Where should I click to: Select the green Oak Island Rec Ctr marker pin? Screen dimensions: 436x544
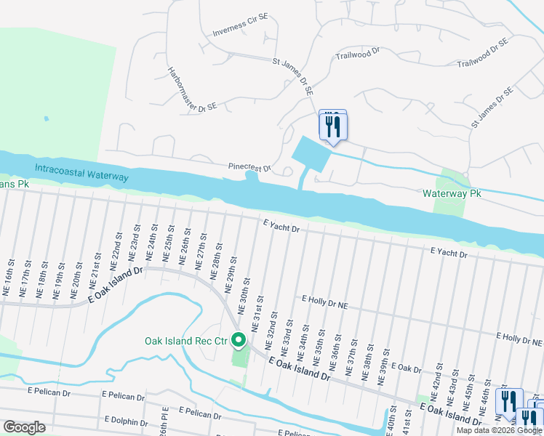coord(238,340)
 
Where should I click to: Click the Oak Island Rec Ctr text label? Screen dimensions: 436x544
coord(185,340)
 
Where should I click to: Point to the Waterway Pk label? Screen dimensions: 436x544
coord(452,194)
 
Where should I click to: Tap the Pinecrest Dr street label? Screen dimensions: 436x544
coord(249,167)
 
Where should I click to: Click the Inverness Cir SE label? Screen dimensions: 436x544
coord(241,31)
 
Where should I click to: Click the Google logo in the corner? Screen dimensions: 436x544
coord(24,427)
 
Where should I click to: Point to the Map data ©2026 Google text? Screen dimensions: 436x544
coord(499,430)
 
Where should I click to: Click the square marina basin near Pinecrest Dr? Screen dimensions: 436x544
coord(307,152)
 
